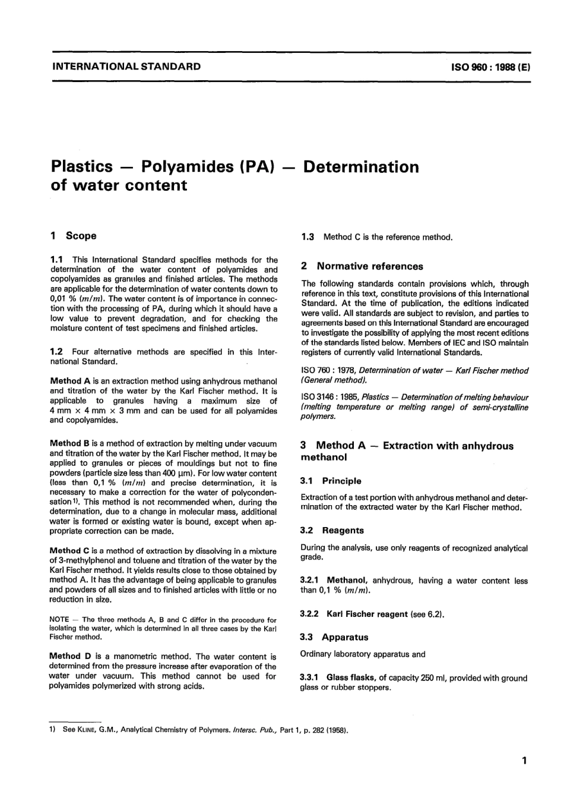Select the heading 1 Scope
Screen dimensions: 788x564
74,236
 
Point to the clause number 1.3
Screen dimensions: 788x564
308,237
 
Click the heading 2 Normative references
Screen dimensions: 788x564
362,266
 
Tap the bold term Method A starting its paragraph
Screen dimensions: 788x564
70,381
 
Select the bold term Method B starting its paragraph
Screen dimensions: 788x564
70,443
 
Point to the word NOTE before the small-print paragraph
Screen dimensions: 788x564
60,619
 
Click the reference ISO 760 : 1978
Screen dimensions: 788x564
329,371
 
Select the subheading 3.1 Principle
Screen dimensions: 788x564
331,481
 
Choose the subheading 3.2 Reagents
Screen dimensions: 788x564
332,530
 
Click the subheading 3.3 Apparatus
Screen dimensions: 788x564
334,637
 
